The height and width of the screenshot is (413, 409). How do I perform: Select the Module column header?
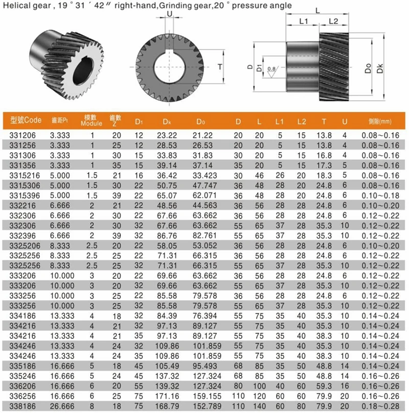93,120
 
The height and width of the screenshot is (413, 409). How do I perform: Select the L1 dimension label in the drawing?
303,21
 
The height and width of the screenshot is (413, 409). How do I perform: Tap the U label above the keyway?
169,16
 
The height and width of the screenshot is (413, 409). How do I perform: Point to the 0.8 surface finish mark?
271,68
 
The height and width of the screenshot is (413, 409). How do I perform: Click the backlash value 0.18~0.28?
379,406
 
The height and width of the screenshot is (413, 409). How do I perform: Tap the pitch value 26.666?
60,406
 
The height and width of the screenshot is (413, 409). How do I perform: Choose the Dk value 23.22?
167,135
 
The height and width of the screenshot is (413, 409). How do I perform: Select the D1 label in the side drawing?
259,67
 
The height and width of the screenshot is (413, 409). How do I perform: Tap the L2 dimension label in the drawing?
332,21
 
